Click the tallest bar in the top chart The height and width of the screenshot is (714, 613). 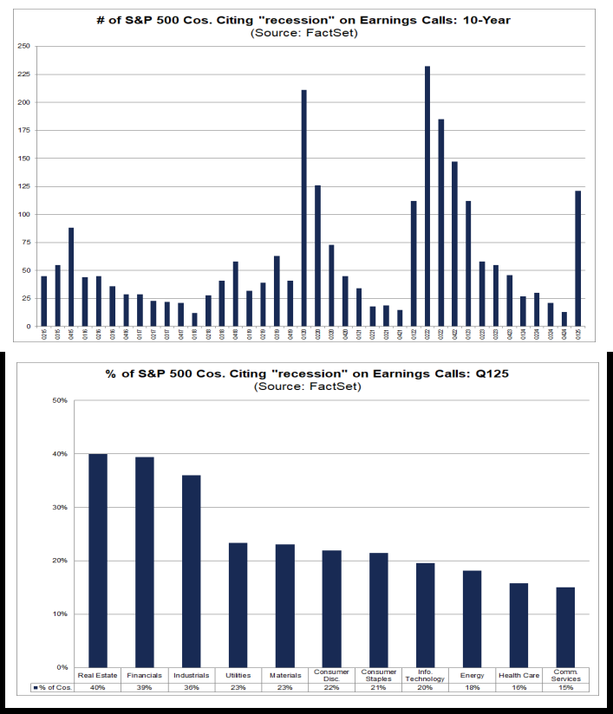click(x=427, y=196)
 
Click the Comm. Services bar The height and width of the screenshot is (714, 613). click(x=565, y=627)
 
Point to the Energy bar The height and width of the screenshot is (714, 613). click(x=472, y=619)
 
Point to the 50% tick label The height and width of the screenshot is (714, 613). click(x=60, y=400)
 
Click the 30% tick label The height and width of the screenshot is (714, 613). click(x=60, y=507)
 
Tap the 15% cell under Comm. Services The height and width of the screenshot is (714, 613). click(x=565, y=687)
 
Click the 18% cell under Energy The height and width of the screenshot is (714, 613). click(x=472, y=687)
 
